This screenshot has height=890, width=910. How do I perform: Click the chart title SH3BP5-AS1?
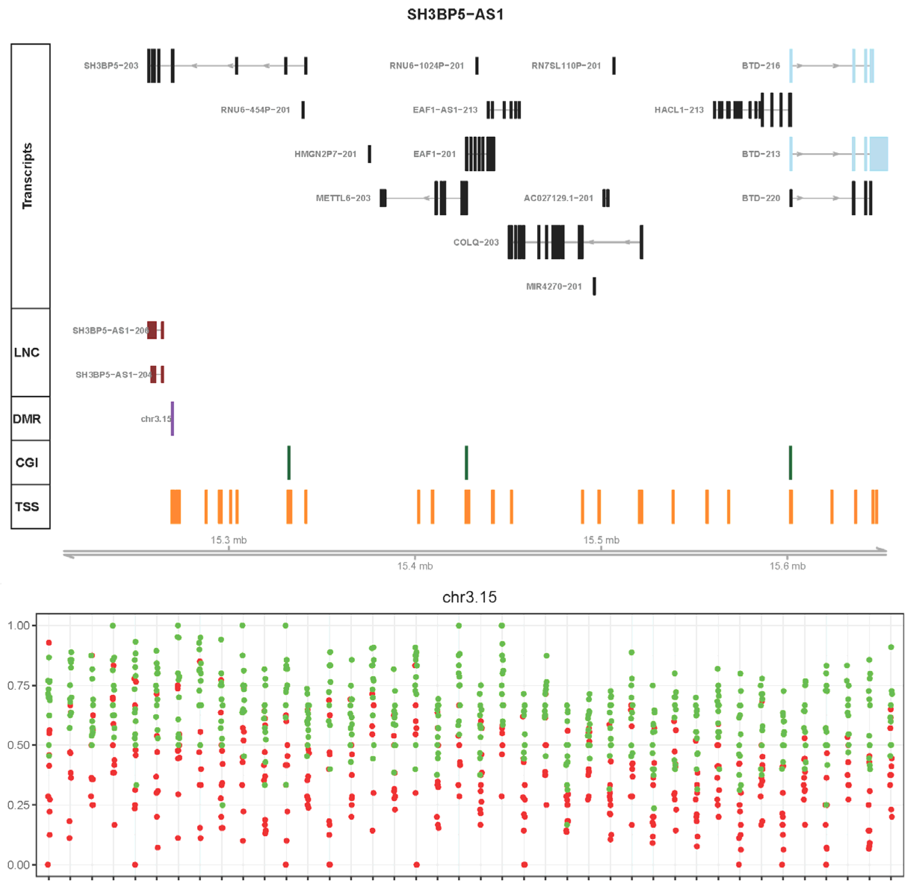pyautogui.click(x=455, y=15)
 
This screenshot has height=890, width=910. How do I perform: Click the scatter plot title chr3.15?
pyautogui.click(x=469, y=597)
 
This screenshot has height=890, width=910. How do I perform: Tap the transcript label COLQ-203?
pyautogui.click(x=476, y=242)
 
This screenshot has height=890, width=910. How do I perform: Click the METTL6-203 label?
pyautogui.click(x=343, y=198)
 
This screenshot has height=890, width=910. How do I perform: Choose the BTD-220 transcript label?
pyautogui.click(x=761, y=198)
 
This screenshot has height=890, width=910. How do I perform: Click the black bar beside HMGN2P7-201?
pyautogui.click(x=369, y=154)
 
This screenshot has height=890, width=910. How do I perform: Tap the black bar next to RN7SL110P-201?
pyautogui.click(x=614, y=65)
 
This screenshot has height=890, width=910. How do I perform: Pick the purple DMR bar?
pyautogui.click(x=173, y=418)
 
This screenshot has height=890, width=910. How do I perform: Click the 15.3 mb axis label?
pyautogui.click(x=228, y=540)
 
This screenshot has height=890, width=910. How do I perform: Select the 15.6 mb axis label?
pyautogui.click(x=787, y=566)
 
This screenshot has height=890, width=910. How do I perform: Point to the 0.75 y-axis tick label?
pyautogui.click(x=18, y=685)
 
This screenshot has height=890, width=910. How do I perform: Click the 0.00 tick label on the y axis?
pyautogui.click(x=18, y=865)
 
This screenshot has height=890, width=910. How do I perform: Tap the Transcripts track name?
pyautogui.click(x=28, y=176)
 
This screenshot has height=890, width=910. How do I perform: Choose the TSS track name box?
pyautogui.click(x=28, y=507)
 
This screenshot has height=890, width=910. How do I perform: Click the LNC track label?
pyautogui.click(x=27, y=352)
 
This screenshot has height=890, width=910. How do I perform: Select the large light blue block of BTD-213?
pyautogui.click(x=878, y=154)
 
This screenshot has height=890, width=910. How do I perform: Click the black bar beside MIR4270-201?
pyautogui.click(x=594, y=286)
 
